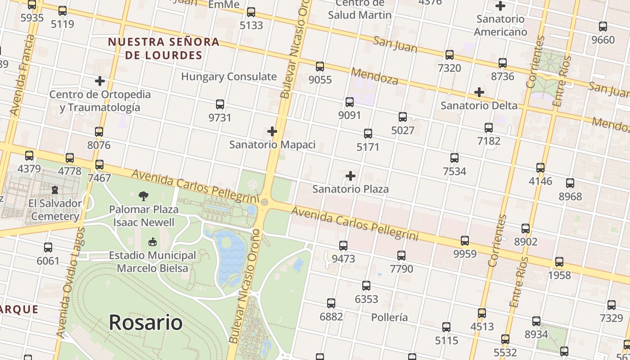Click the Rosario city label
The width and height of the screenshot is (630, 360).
[x=146, y=323]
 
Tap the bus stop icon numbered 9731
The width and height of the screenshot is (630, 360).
[x=220, y=104]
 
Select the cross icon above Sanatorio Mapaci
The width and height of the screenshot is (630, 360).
[x=272, y=131]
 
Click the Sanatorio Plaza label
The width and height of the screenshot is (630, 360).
[x=351, y=189]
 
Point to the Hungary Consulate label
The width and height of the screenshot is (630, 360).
[x=229, y=76]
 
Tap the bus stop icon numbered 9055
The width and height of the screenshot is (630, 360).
[x=320, y=67]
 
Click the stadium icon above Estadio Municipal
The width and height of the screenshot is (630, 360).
[x=153, y=242]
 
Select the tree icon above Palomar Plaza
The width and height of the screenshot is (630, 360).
[x=144, y=196]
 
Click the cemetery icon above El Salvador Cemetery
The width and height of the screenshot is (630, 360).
[x=55, y=190]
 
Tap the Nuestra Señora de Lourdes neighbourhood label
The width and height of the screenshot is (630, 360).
[x=163, y=49]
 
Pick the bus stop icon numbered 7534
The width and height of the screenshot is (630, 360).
[x=454, y=158]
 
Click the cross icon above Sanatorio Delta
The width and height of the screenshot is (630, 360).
[x=479, y=92]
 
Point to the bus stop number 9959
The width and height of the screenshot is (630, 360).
[x=465, y=254]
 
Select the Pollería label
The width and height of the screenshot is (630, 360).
[x=390, y=317]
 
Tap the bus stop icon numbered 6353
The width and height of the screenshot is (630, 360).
[x=366, y=286]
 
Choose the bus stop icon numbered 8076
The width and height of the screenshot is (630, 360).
[x=99, y=132]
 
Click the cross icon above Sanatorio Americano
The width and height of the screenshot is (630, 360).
[x=500, y=6]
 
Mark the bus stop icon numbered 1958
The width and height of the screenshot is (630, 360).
[x=559, y=262]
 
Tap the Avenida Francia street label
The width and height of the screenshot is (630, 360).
[x=22, y=75]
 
